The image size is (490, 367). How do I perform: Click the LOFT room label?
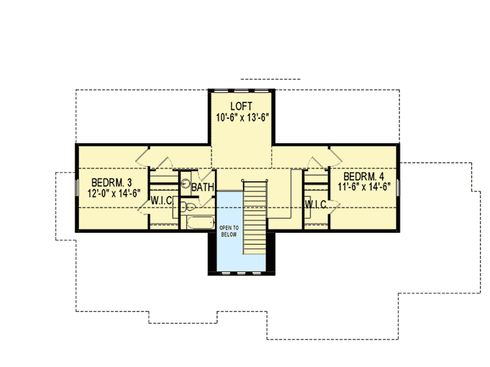(242, 106)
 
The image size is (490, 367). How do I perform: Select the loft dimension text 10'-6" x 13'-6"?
(242, 117)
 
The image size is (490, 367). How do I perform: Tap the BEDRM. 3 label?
(107, 179)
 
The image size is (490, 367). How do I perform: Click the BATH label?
(202, 188)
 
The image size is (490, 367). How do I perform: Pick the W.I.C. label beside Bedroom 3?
(162, 202)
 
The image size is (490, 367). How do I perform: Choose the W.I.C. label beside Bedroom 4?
(315, 204)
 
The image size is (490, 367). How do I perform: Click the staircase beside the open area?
(255, 215)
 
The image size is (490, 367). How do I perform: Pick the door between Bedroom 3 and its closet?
(144, 202)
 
